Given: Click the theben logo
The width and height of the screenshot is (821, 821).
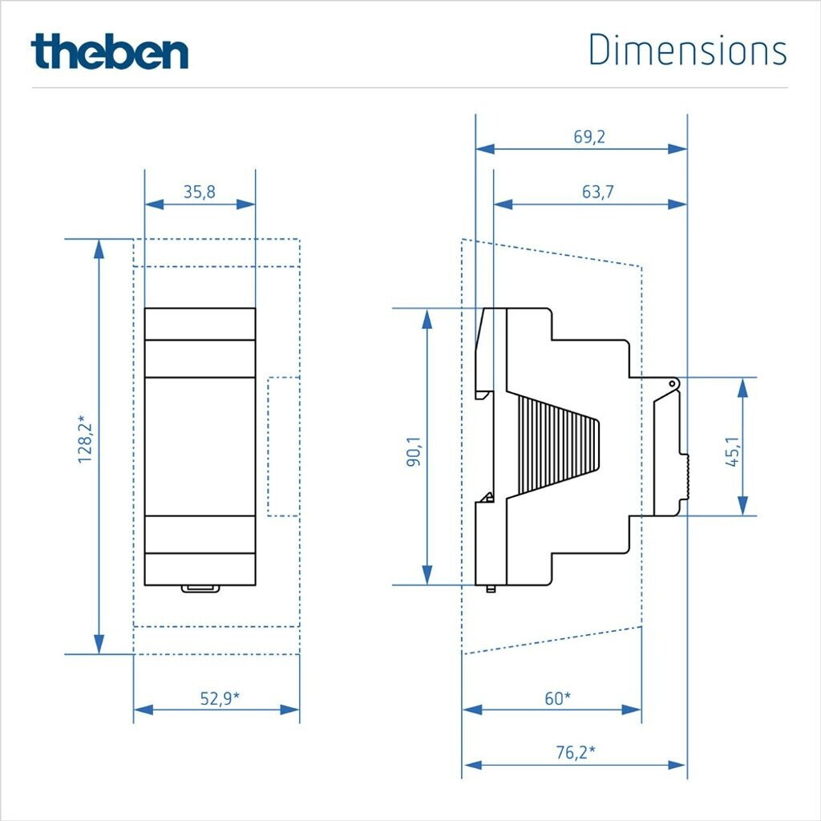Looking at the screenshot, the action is (x=109, y=51).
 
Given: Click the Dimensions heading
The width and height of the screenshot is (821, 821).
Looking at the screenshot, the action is (x=687, y=51).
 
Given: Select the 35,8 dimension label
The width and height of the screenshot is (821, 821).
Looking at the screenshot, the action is (x=200, y=192).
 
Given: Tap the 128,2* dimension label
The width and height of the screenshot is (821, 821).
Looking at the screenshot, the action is (x=85, y=439).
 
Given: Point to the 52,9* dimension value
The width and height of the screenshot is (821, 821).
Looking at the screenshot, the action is (x=220, y=698).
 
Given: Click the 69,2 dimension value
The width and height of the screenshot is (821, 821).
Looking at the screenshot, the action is (x=589, y=136).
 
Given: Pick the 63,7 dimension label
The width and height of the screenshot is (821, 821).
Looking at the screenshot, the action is (x=598, y=192).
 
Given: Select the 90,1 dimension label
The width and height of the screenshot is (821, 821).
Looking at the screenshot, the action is (x=415, y=451).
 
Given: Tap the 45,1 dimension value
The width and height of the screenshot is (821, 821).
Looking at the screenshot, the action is (x=733, y=451).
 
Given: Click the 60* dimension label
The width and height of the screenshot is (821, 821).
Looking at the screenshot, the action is (x=558, y=698).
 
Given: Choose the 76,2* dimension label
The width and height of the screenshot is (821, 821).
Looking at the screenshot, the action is (x=576, y=752).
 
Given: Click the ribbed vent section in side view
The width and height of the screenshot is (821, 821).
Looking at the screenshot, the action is (x=558, y=446).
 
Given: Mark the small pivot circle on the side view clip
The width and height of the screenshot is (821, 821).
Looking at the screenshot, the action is (x=673, y=384).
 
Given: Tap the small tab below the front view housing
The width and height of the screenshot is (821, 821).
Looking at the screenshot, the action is (x=200, y=589).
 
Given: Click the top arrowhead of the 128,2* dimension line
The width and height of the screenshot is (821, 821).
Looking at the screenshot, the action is (x=99, y=249).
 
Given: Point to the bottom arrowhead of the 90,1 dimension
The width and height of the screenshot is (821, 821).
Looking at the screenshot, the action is (x=428, y=575).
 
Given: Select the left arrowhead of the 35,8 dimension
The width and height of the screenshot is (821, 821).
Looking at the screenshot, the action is (x=154, y=204).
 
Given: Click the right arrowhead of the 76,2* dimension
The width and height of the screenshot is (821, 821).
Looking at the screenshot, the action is (x=677, y=766).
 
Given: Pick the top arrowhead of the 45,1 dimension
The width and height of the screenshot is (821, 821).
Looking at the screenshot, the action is (x=742, y=387).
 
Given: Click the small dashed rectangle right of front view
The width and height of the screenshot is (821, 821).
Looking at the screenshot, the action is (x=283, y=447).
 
